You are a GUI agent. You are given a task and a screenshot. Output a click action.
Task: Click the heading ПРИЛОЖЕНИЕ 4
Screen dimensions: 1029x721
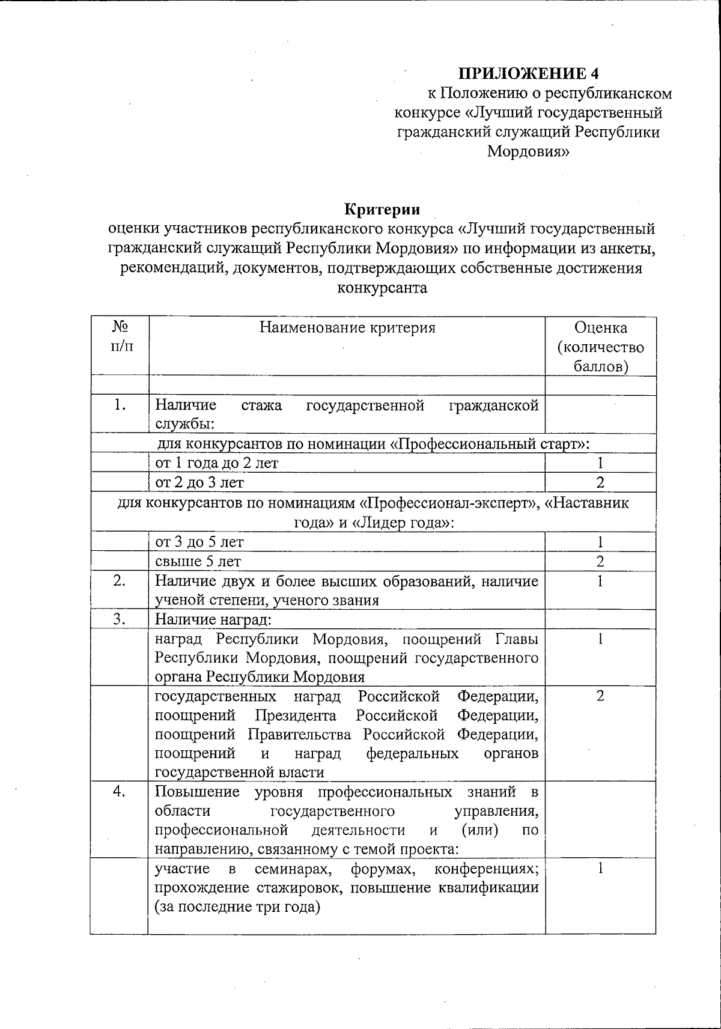[529, 73]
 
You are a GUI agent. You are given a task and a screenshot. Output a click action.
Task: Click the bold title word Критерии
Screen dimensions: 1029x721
[382, 209]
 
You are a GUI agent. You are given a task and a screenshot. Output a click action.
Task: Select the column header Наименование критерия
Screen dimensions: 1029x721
[347, 327]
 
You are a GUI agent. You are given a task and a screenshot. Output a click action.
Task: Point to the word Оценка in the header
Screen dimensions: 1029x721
[600, 327]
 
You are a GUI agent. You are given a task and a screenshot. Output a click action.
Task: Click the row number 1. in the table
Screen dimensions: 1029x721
[120, 405]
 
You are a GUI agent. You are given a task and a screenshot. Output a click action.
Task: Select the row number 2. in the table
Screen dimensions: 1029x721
[120, 581]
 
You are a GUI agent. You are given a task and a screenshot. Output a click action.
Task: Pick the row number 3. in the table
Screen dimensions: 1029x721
[120, 619]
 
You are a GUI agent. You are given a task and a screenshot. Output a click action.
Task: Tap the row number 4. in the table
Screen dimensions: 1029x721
[120, 792]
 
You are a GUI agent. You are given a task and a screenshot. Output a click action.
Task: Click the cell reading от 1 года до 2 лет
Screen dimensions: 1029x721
[217, 463]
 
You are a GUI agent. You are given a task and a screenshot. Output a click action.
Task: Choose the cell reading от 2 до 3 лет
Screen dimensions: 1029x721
[199, 482]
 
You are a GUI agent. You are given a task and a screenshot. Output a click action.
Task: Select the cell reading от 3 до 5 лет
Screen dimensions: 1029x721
[199, 542]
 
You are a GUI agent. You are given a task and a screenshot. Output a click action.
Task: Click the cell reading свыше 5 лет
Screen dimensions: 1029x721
[198, 561]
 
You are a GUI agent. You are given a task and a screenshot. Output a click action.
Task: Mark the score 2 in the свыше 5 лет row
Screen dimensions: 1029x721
[600, 561]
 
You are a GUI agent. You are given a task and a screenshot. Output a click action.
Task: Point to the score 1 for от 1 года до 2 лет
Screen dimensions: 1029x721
[600, 463]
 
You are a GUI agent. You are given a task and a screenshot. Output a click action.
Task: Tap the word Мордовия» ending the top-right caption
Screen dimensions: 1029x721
[528, 151]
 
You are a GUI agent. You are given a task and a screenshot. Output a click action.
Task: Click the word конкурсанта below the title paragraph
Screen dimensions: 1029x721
[382, 287]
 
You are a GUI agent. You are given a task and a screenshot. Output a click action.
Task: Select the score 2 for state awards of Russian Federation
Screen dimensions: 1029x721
[600, 696]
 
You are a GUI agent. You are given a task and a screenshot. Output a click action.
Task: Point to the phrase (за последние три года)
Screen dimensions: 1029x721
[237, 907]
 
